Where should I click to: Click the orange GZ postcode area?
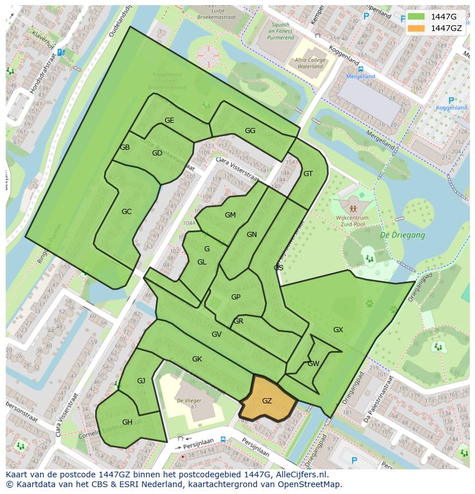pyautogui.click(x=267, y=400)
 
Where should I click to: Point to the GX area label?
pyautogui.click(x=338, y=330)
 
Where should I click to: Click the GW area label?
pyautogui.click(x=313, y=364)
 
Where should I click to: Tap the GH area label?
pyautogui.click(x=127, y=422)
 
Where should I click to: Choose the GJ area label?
pyautogui.click(x=141, y=381)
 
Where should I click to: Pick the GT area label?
pyautogui.click(x=308, y=174)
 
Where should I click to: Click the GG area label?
pyautogui.click(x=250, y=131)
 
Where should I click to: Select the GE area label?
pyautogui.click(x=169, y=120)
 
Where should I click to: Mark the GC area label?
pyautogui.click(x=127, y=212)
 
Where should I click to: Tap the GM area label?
pyautogui.click(x=230, y=215)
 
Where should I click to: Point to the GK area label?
pyautogui.click(x=197, y=359)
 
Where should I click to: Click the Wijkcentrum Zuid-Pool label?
pyautogui.click(x=353, y=221)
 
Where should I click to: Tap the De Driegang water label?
pyautogui.click(x=403, y=235)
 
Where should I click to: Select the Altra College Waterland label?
pyautogui.click(x=309, y=63)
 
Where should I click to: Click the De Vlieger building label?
pyautogui.click(x=188, y=400)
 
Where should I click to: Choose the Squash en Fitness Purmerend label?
pyautogui.click(x=281, y=32)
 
